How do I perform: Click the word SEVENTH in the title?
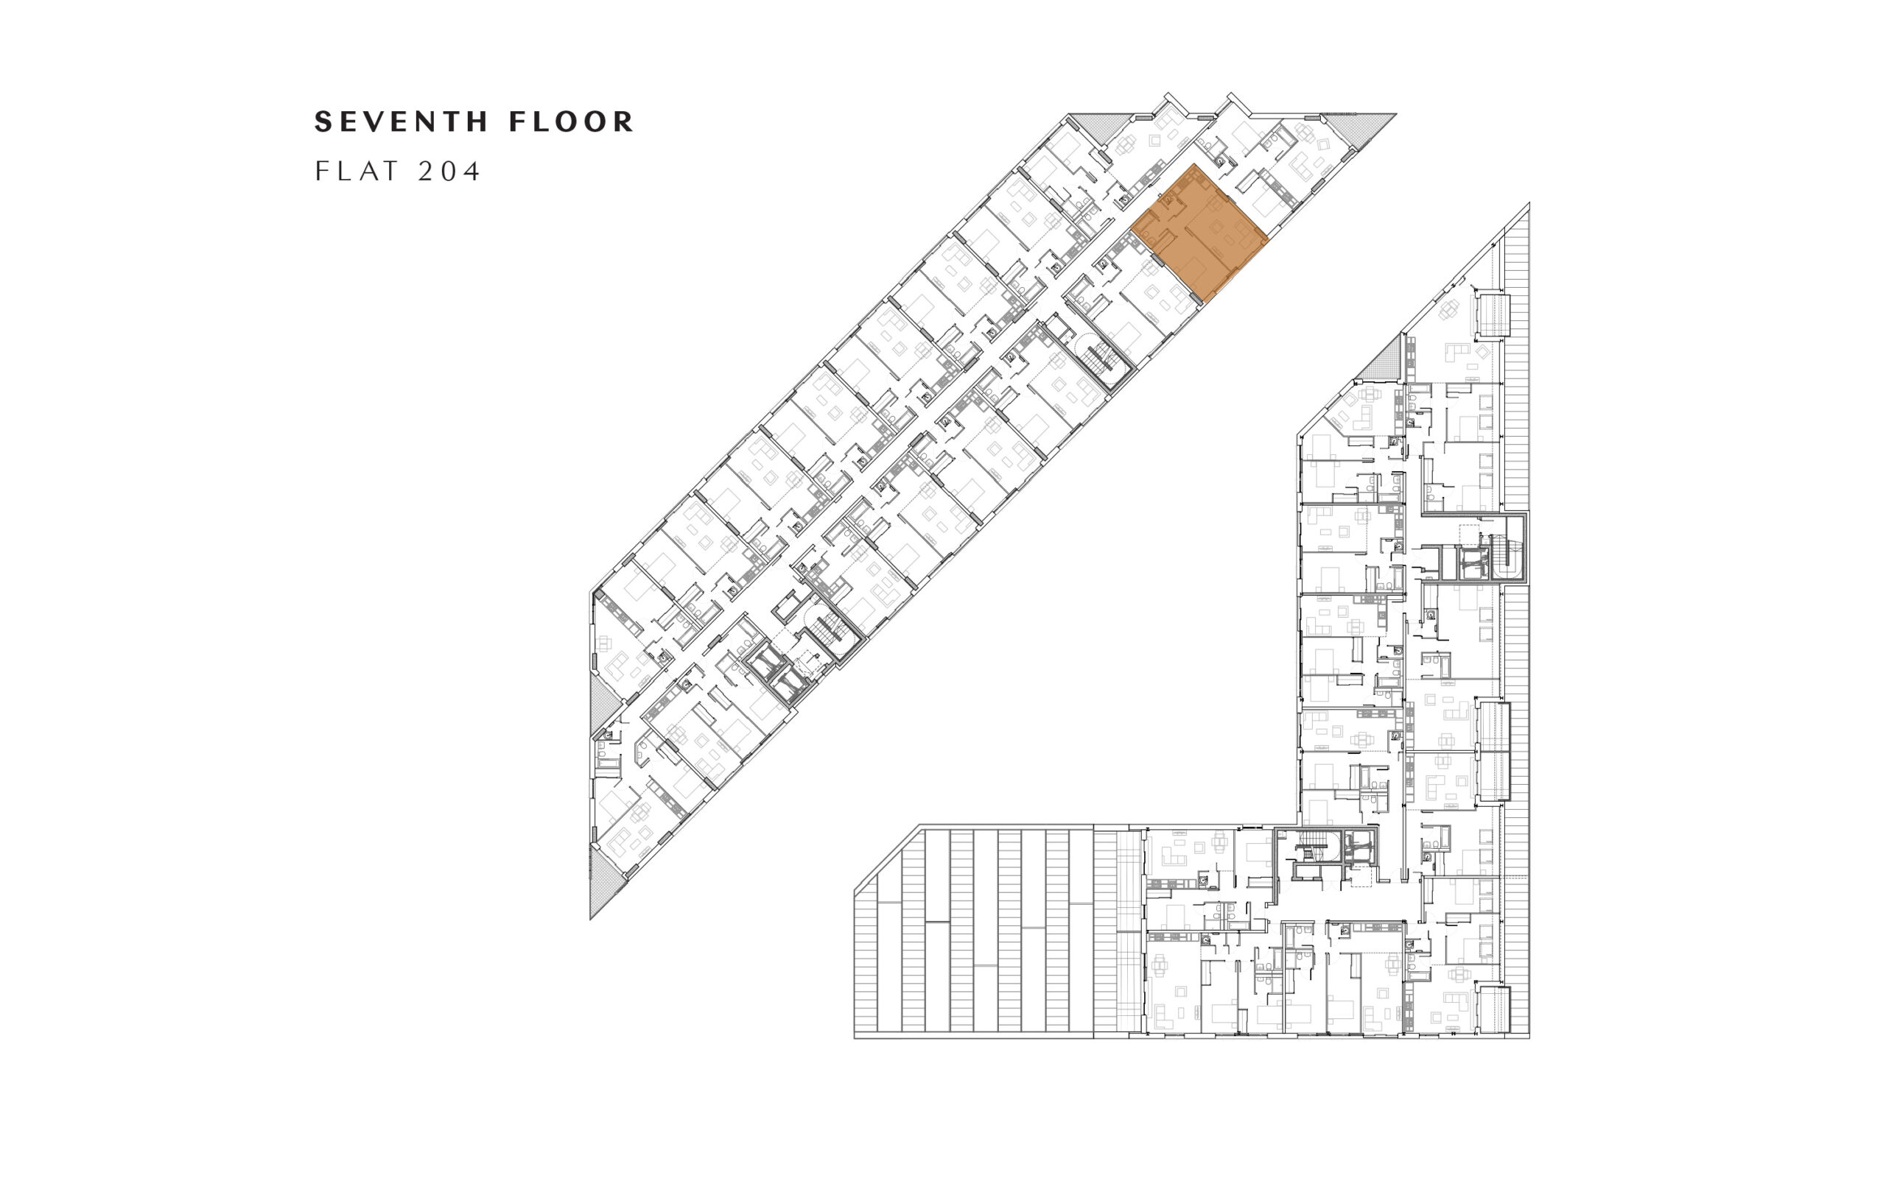pyautogui.click(x=402, y=121)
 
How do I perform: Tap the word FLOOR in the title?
pyautogui.click(x=571, y=121)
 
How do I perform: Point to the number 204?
pyautogui.click(x=449, y=171)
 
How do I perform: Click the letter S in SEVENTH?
pyautogui.click(x=323, y=121)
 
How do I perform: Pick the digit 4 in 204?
pyautogui.click(x=471, y=171)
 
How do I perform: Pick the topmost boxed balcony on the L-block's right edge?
pyautogui.click(x=1493, y=315)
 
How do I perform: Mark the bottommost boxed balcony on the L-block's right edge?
pyautogui.click(x=1494, y=1009)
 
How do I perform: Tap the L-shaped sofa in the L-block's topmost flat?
pyautogui.click(x=1456, y=351)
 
